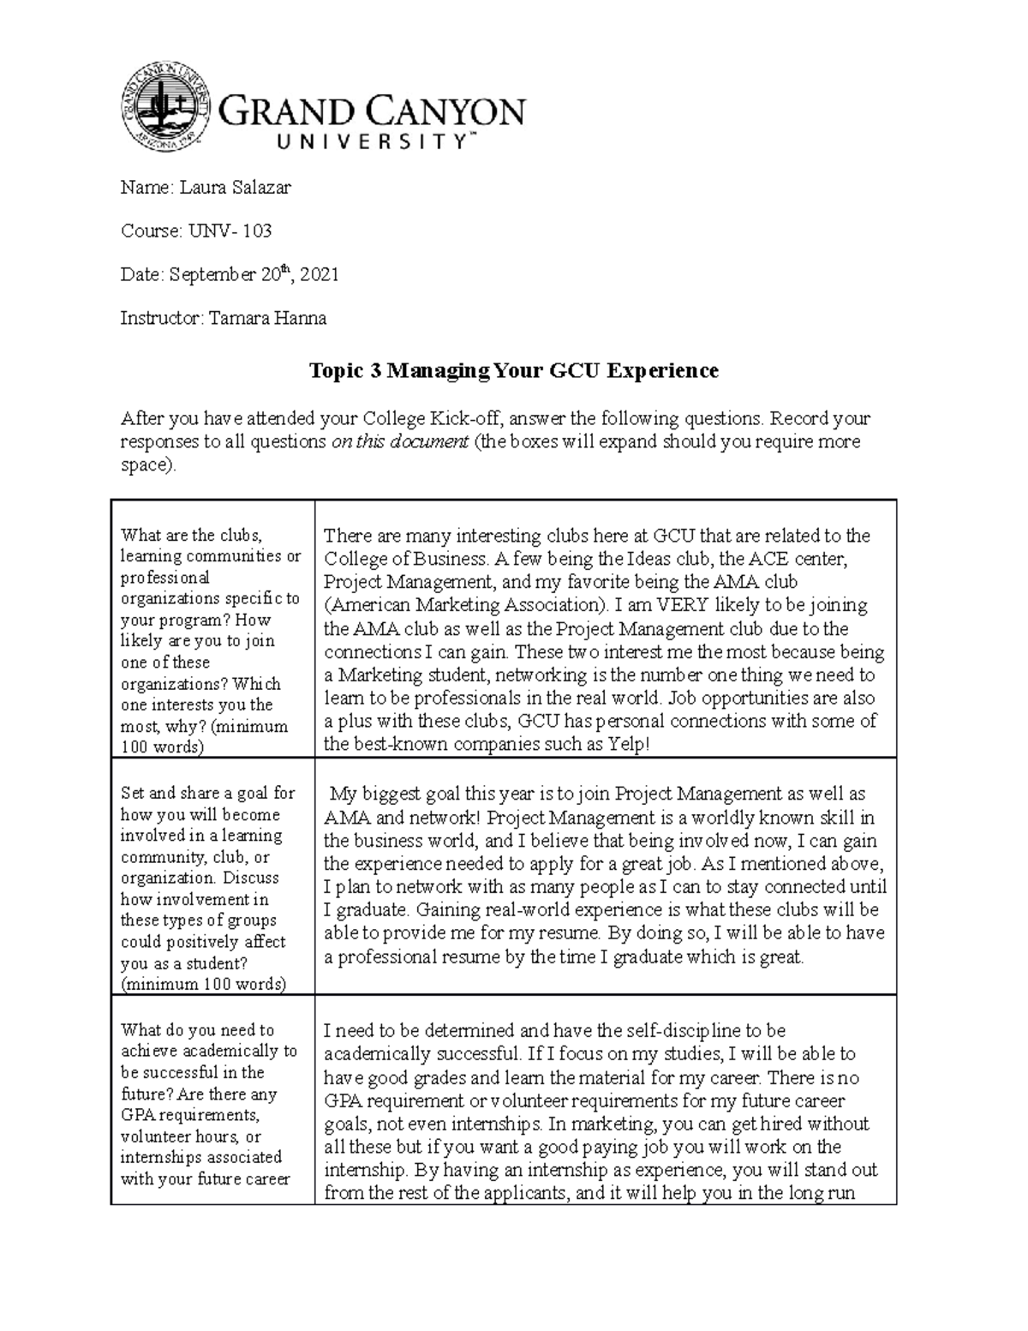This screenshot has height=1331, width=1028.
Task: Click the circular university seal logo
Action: pos(165,109)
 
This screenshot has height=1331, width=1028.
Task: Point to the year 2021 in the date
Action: pos(320,275)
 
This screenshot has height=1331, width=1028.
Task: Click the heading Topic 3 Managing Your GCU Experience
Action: pos(513,370)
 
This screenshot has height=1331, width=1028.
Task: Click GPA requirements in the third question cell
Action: pos(188,1115)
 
